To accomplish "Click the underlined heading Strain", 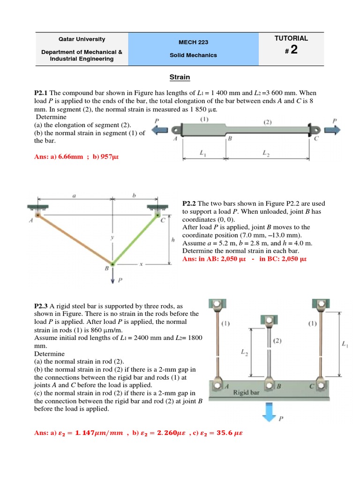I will click(x=180, y=77).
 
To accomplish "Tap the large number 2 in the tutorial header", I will click(x=294, y=50).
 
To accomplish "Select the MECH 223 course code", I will click(x=194, y=42).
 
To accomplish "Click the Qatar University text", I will click(x=82, y=39).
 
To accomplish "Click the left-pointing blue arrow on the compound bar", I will click(x=161, y=129).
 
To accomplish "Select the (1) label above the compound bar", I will click(x=204, y=120).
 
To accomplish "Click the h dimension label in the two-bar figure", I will click(x=173, y=240).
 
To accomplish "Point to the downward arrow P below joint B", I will click(x=112, y=277).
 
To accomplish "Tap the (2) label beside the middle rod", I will click(x=277, y=341).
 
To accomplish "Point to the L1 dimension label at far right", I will click(x=345, y=345).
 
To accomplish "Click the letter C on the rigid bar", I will click(x=312, y=387).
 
